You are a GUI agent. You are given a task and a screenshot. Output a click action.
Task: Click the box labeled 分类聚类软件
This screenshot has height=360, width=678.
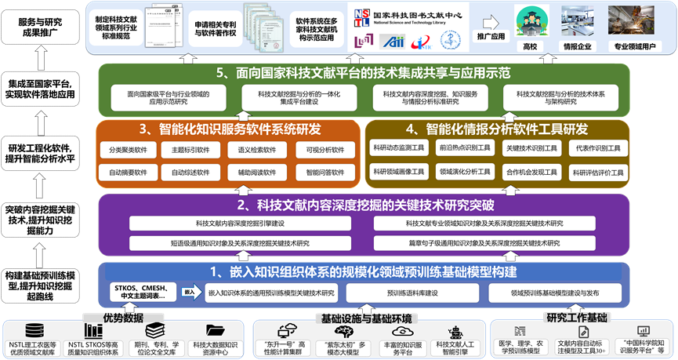click(127, 149)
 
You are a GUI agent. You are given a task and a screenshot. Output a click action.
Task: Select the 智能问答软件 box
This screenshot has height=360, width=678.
click(321, 172)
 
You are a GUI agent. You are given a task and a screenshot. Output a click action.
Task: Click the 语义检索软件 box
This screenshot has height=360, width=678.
click(257, 149)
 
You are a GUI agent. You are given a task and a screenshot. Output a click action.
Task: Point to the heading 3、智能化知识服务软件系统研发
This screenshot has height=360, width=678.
click(230, 129)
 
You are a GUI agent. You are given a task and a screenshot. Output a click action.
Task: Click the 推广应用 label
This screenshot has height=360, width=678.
click(491, 36)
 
